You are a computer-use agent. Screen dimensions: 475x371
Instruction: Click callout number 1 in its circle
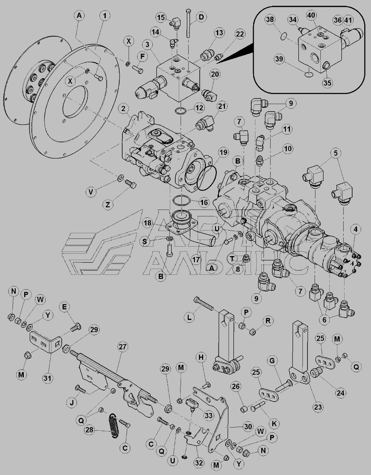coord(104,16)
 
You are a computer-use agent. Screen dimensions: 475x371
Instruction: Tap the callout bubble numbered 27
coord(122,347)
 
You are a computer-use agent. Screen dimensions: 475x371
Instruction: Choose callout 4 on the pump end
coord(355,230)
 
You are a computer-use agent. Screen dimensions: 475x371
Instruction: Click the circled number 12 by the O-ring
coord(199,107)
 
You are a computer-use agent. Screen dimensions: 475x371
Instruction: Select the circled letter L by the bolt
coord(190,317)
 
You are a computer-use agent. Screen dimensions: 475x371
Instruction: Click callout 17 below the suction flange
coord(195,258)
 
